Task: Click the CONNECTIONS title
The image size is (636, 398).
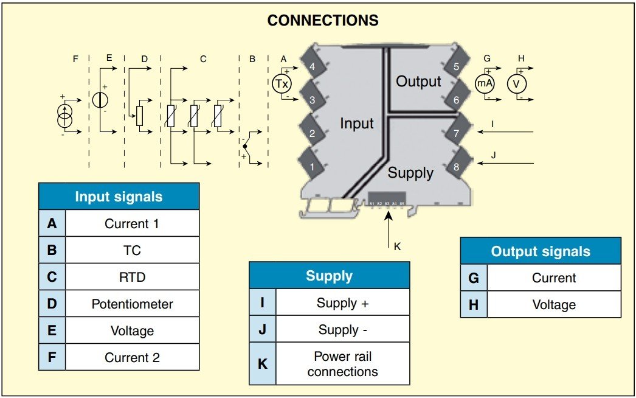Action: pos(323,20)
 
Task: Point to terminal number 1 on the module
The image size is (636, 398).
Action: pos(312,166)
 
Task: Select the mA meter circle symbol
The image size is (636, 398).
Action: pos(485,84)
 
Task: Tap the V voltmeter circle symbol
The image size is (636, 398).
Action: pos(517,84)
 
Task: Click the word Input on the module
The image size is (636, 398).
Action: pos(357,124)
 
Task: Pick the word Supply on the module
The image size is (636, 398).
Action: pos(410,173)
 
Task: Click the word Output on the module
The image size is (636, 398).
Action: pos(418,82)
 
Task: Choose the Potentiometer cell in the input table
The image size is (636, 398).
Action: pos(132,304)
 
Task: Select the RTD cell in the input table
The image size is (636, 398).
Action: pos(132,277)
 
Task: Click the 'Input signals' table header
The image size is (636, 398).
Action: pos(119,197)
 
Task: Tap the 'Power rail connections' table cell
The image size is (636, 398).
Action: pos(342,364)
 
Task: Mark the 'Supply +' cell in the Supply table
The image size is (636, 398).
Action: pos(342,302)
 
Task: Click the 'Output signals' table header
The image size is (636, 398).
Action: pos(540,251)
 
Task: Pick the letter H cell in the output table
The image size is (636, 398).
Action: pos(474,305)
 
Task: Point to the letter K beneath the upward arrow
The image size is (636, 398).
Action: pos(397,246)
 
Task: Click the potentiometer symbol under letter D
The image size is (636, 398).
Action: pos(139,116)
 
